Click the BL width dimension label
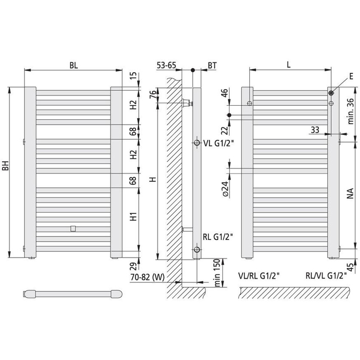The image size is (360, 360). pos(74,65)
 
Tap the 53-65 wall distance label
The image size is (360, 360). pos(166,65)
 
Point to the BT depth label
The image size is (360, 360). pos(212,65)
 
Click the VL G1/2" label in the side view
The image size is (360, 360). pos(218,143)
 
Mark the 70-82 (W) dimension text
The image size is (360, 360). pos(148,277)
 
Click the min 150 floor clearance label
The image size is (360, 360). pos(217,273)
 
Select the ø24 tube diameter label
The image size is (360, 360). pos(225,189)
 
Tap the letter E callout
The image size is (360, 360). pos(351,76)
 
